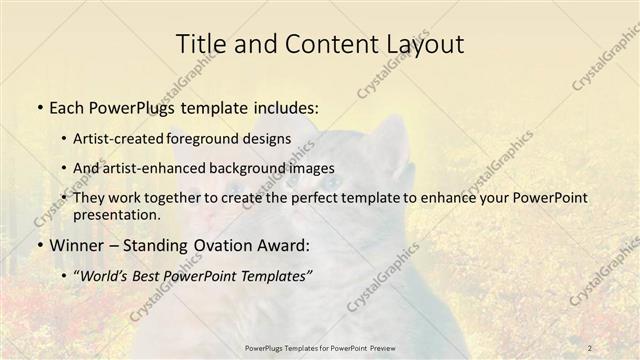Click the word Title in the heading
[200, 44]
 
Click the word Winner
[75, 245]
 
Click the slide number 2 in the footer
[590, 347]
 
